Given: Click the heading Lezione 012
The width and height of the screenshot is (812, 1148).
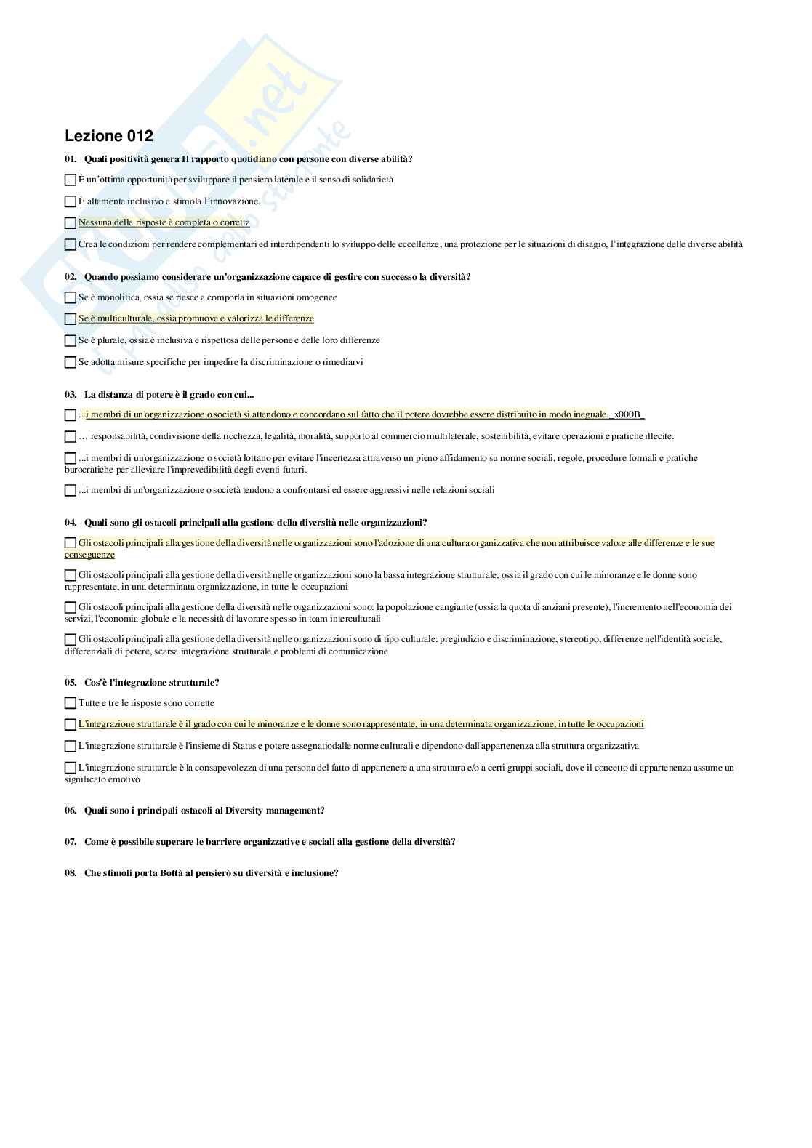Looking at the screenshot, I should tap(109, 136).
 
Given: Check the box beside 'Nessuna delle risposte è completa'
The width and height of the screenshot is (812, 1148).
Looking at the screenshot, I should tap(71, 223).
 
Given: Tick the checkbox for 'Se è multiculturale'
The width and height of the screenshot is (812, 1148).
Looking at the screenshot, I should tap(71, 319).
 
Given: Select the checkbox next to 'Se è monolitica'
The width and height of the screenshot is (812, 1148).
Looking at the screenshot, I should tap(71, 297).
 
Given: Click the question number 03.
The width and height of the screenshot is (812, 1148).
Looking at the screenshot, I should tap(71, 395).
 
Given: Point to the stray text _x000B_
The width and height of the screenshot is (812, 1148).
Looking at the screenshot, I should tap(627, 414).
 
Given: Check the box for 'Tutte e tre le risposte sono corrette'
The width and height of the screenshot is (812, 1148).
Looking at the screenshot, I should tap(71, 703).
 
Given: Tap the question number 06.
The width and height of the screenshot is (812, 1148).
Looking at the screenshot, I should tap(71, 811).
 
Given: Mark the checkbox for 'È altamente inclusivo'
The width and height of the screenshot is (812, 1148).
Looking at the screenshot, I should tap(71, 201).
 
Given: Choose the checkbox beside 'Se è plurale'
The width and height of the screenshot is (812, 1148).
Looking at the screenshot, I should tap(71, 340).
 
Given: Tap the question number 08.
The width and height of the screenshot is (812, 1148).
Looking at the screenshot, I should tap(71, 873).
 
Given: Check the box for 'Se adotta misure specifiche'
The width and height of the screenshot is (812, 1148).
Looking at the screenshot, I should tap(71, 362).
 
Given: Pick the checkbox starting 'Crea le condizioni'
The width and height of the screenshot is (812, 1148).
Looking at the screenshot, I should tap(71, 245).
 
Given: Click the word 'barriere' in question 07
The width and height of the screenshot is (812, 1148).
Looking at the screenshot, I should tap(221, 842).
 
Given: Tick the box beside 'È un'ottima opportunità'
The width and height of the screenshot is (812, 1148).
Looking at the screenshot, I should tap(71, 180).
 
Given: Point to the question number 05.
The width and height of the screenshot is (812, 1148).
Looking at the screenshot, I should tap(71, 683).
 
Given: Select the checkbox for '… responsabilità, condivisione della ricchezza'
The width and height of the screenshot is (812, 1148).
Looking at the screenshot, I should tap(71, 437).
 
